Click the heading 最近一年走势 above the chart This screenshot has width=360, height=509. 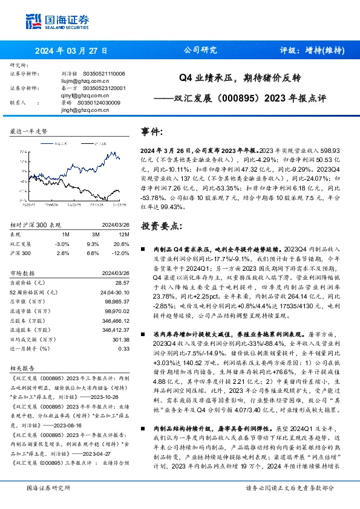29,131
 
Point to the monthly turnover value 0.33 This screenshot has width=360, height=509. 124,349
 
